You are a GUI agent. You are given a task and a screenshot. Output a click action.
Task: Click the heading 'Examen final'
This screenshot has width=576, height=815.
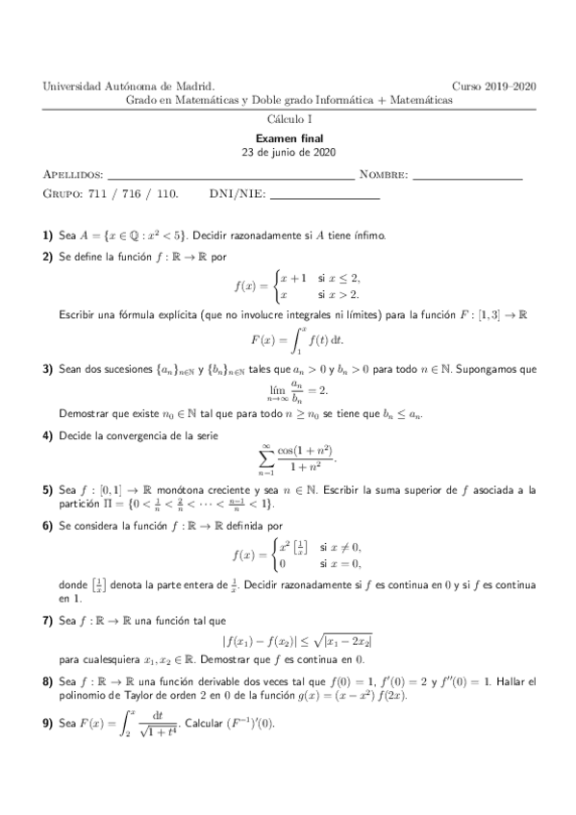(x=289, y=138)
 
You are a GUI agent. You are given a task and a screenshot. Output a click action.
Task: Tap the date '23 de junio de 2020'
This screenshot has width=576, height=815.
(x=289, y=152)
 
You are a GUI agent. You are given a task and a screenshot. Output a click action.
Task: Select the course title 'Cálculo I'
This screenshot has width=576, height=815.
(x=289, y=118)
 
